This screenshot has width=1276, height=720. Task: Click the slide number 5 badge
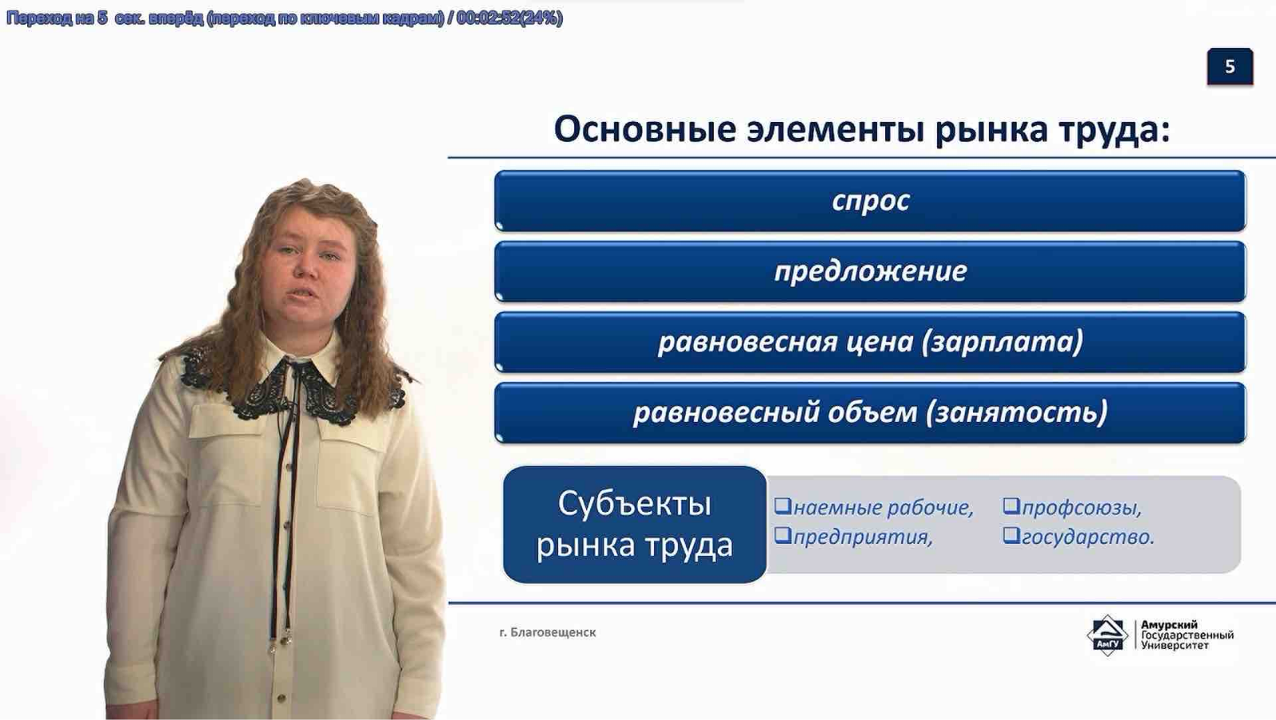pyautogui.click(x=1229, y=67)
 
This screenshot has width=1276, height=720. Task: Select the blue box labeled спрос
pyautogui.click(x=870, y=201)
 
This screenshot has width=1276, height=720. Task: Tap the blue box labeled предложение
pyautogui.click(x=870, y=272)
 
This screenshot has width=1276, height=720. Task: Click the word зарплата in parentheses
pyautogui.click(x=1002, y=342)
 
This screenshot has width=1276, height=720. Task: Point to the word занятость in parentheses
pyautogui.click(x=1016, y=412)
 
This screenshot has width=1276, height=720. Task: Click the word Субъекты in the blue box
pyautogui.click(x=634, y=504)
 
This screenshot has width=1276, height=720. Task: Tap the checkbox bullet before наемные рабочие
pyautogui.click(x=782, y=506)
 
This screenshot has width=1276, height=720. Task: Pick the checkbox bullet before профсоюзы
pyautogui.click(x=1011, y=506)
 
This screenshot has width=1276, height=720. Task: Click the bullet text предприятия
pyautogui.click(x=862, y=537)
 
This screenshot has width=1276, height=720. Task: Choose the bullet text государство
pyautogui.click(x=1088, y=537)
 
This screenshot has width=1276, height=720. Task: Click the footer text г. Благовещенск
pyautogui.click(x=547, y=632)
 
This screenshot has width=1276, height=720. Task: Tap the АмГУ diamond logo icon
pyautogui.click(x=1107, y=635)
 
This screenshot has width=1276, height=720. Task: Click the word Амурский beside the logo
pyautogui.click(x=1169, y=625)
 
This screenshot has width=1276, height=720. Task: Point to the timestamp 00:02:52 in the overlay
pyautogui.click(x=487, y=18)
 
